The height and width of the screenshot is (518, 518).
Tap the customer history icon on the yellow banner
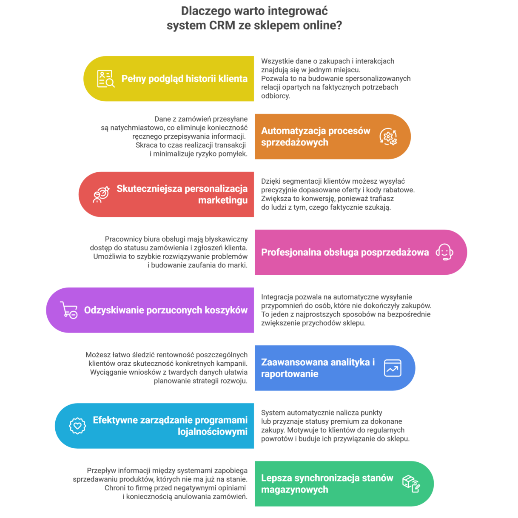pos(105,79)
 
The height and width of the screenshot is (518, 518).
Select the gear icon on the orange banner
pos(388,137)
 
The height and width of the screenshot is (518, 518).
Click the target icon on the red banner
pos(101,194)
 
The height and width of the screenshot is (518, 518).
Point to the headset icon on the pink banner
pos(444,252)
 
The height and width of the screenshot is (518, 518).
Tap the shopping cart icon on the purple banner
pos(69,310)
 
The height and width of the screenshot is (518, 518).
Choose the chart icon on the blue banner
pos(393,368)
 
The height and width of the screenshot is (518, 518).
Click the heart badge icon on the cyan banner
pos(77,426)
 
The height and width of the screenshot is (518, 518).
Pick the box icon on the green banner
pos(411,484)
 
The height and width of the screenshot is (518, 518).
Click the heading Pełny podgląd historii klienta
pos(184,79)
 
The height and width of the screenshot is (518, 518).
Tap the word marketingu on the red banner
pos(223,200)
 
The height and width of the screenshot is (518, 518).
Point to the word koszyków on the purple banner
pos(228,310)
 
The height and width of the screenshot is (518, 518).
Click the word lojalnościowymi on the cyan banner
pos(213,432)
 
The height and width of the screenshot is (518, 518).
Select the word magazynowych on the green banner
pos(294,490)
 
